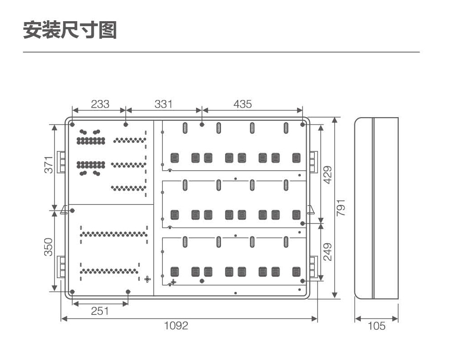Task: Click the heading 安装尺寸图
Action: click(70, 30)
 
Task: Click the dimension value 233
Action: click(100, 104)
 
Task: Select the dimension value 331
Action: click(163, 104)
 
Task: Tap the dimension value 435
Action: click(243, 104)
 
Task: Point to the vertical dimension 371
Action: click(49, 164)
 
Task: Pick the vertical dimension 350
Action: click(49, 247)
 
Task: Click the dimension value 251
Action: click(100, 311)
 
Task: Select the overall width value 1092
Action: click(176, 325)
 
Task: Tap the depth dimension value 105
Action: click(377, 326)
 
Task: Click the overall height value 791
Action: click(341, 208)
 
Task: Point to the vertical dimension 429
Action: click(327, 175)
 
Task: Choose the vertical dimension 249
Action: click(327, 252)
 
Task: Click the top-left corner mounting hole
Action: click(73, 124)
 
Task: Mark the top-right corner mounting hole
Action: click(302, 124)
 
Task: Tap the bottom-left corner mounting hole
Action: click(73, 292)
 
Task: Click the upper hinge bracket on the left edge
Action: click(61, 163)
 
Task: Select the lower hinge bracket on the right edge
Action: click(313, 267)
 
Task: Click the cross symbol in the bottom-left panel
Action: click(147, 279)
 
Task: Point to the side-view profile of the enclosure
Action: click(376, 208)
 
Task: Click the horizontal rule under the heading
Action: click(221, 52)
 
